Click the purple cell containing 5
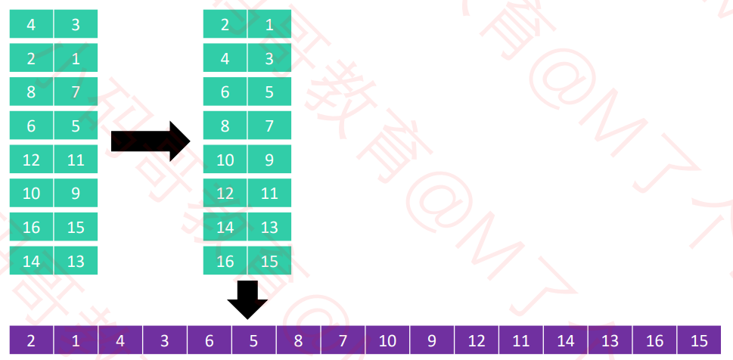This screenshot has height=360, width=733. (x=253, y=340)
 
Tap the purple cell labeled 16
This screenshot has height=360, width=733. (x=655, y=340)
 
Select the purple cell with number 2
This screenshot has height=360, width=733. (x=31, y=340)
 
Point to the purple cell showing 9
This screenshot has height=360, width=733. (x=432, y=340)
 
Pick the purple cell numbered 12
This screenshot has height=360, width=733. (x=477, y=340)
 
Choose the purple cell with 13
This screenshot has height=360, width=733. (x=610, y=340)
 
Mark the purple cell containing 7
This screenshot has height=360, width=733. (x=343, y=340)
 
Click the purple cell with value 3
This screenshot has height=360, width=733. (x=164, y=340)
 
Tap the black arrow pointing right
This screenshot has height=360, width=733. (x=150, y=141)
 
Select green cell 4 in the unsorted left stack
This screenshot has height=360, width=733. (x=31, y=24)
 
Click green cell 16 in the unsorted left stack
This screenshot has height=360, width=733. (x=31, y=227)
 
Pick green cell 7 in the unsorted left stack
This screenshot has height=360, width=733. (x=76, y=92)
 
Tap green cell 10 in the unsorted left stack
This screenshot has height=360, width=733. (x=31, y=193)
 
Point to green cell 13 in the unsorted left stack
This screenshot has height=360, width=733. (x=76, y=261)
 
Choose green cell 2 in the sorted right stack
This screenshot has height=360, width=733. (x=225, y=24)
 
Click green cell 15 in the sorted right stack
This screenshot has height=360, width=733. (x=269, y=261)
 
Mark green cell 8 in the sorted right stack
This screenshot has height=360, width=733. (x=225, y=126)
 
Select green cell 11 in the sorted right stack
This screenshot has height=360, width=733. (x=269, y=193)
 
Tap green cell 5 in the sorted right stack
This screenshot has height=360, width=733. (x=269, y=92)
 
